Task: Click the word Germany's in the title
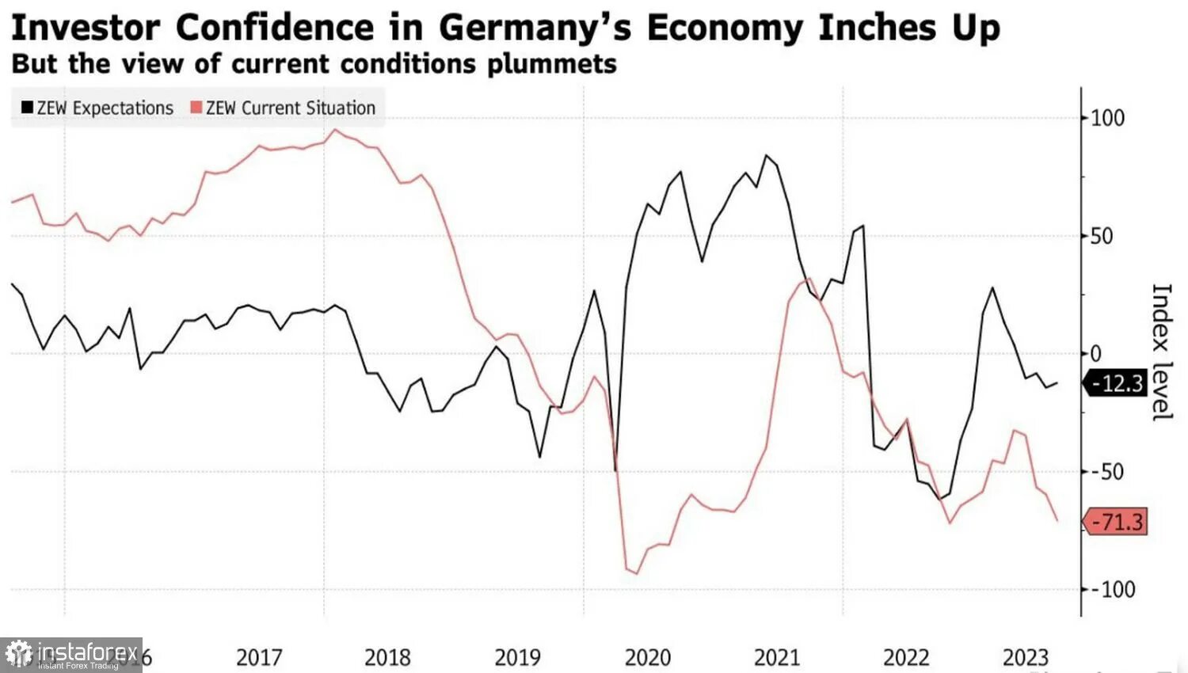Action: click(535, 29)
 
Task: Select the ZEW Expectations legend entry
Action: click(97, 108)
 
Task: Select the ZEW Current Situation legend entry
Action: click(283, 108)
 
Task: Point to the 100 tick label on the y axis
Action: click(1107, 119)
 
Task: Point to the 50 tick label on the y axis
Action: click(1101, 236)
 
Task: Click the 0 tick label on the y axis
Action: click(1096, 354)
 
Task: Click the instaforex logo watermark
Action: click(71, 655)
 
